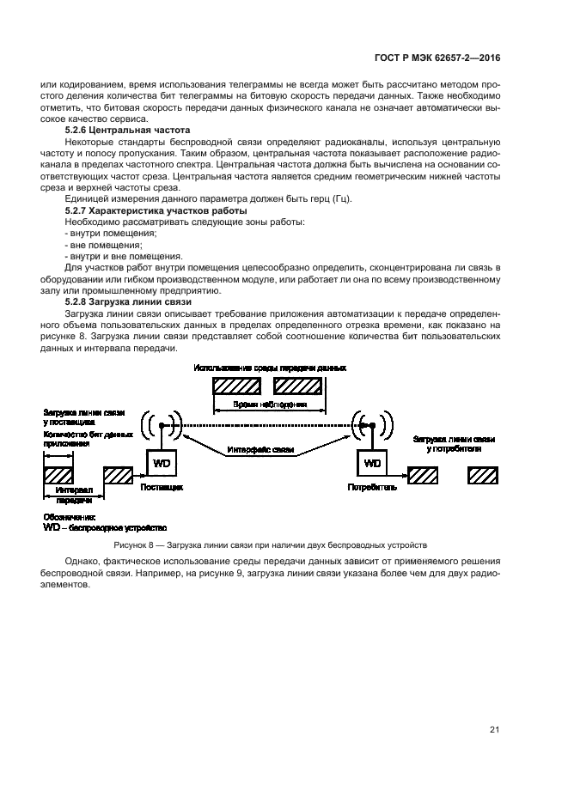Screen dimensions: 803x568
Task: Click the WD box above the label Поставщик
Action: click(x=162, y=464)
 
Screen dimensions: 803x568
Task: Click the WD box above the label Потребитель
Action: click(x=372, y=464)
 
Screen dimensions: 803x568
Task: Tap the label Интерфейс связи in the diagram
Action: click(x=260, y=450)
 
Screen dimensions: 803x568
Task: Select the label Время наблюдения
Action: click(x=270, y=404)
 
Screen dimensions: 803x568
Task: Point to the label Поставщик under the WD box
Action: click(x=162, y=487)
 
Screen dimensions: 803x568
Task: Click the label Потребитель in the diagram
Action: click(x=372, y=487)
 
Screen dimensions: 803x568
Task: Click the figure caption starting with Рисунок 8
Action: click(x=270, y=544)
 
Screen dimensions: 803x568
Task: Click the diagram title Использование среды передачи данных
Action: click(x=270, y=368)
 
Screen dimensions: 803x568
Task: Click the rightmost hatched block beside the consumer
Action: click(x=482, y=474)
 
